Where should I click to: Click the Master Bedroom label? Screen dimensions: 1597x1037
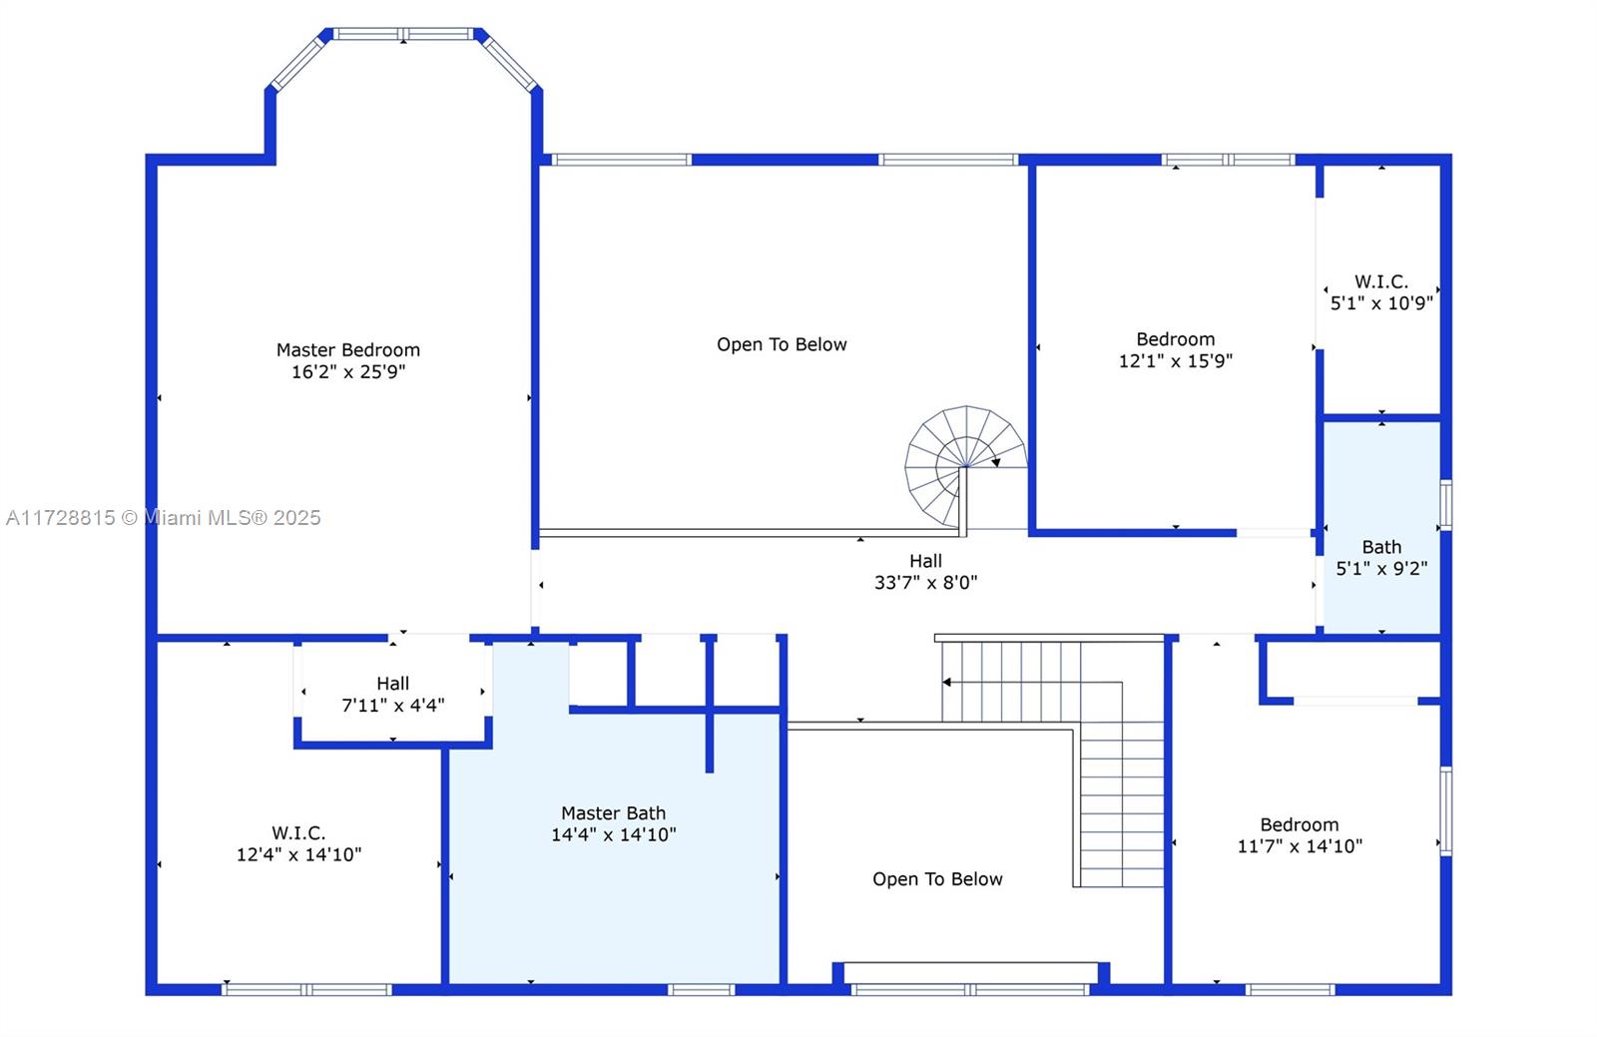pyautogui.click(x=348, y=350)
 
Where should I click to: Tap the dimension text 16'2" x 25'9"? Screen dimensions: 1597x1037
pyautogui.click(x=348, y=371)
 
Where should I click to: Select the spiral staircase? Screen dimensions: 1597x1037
pyautogui.click(x=965, y=467)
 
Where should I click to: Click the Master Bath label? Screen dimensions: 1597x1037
pyautogui.click(x=613, y=813)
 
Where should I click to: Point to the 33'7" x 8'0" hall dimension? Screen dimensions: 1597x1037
pyautogui.click(x=925, y=582)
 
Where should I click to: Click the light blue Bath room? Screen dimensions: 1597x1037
pyautogui.click(x=1381, y=527)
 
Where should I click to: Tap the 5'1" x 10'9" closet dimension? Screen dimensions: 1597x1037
pyautogui.click(x=1381, y=302)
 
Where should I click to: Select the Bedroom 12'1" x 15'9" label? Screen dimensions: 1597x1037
pyautogui.click(x=1175, y=350)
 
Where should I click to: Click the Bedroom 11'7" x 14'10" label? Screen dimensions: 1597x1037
pyautogui.click(x=1299, y=835)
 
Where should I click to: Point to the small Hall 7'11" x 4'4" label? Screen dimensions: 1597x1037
pyautogui.click(x=393, y=695)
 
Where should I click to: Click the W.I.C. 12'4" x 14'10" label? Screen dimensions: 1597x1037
pyautogui.click(x=298, y=843)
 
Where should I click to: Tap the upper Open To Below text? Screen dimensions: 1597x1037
pyautogui.click(x=782, y=344)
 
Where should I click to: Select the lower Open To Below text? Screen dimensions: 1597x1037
pyautogui.click(x=937, y=878)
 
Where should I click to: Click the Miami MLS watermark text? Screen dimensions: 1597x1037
pyautogui.click(x=164, y=517)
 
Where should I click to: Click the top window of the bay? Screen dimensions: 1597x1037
pyautogui.click(x=403, y=34)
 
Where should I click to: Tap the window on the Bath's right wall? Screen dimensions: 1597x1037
pyautogui.click(x=1445, y=505)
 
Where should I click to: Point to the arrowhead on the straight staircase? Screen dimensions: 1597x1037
pyautogui.click(x=947, y=682)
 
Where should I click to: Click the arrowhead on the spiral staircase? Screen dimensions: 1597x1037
pyautogui.click(x=996, y=462)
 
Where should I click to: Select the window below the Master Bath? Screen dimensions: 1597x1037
pyautogui.click(x=701, y=989)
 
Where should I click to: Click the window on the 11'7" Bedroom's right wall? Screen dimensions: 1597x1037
pyautogui.click(x=1445, y=811)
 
